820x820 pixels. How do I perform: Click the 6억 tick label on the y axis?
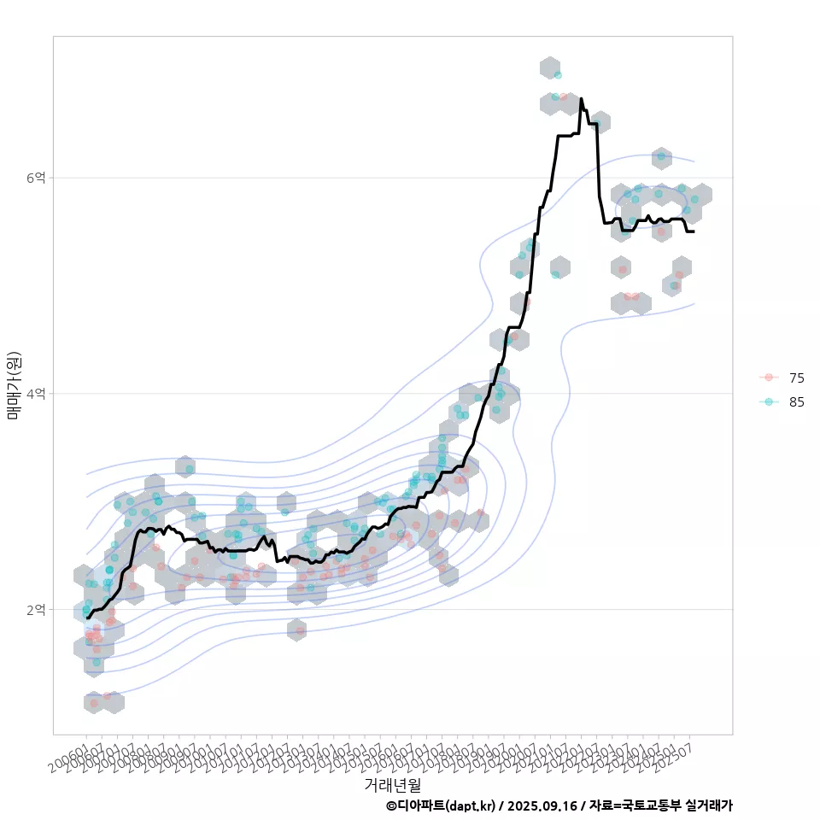pos(36,178)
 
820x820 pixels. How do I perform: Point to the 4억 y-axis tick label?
pos(36,394)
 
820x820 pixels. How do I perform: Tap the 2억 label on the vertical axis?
pos(36,609)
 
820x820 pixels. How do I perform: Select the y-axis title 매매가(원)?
pos(14,384)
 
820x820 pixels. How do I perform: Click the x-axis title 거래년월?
pos(392,783)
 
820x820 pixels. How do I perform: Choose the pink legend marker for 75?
pos(769,378)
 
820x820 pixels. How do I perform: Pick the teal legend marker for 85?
pos(769,401)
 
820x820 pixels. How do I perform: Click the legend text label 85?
pos(797,401)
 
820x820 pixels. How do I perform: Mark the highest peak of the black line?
pos(581,99)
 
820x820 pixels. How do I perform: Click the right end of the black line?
pos(694,231)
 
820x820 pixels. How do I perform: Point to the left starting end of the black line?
pos(87,618)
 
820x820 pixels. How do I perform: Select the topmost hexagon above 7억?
pos(550,67)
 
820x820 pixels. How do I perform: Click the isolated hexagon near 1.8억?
pos(296,630)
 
